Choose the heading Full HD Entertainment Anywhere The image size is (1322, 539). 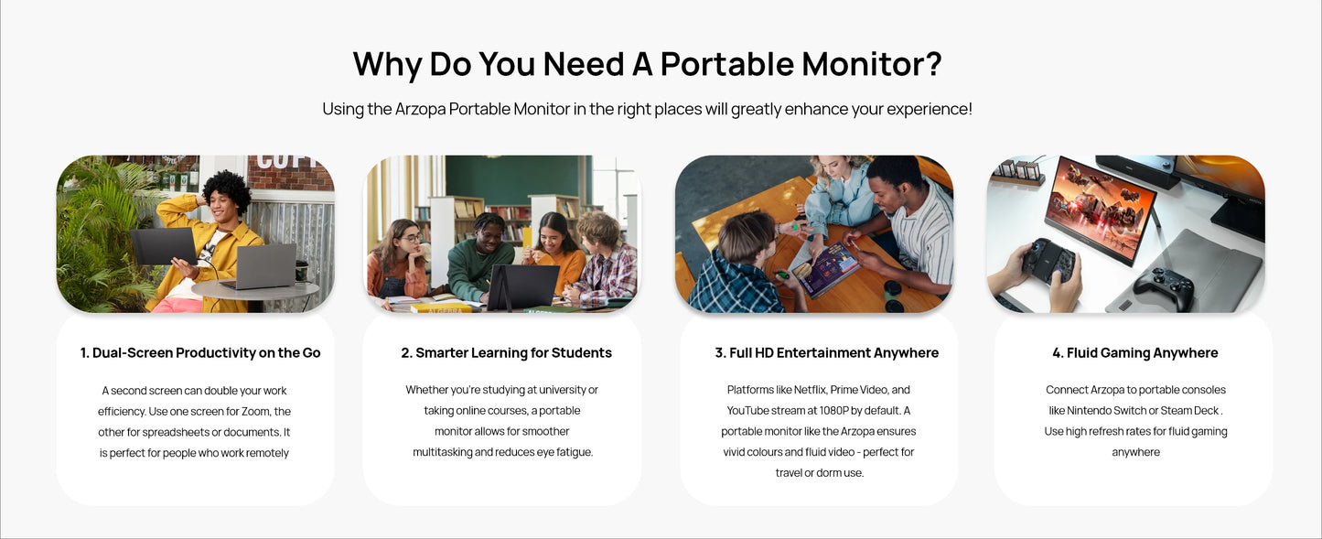coord(826,352)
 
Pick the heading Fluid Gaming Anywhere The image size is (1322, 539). coord(1135,352)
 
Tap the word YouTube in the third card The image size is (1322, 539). coord(750,410)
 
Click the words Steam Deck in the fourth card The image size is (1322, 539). coord(1189,410)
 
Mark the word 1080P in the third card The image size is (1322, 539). coord(833,410)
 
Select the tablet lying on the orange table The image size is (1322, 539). coord(826,270)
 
